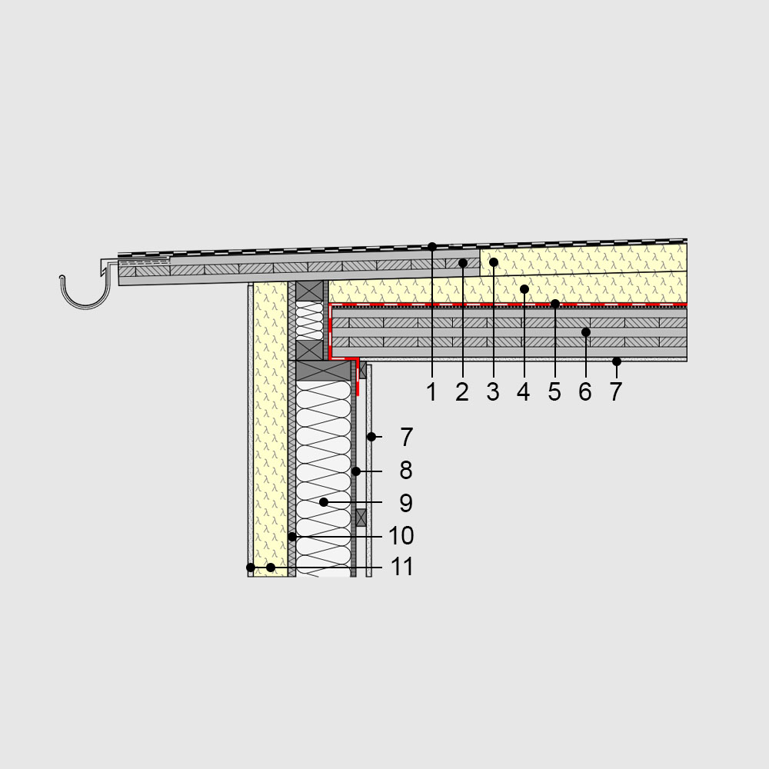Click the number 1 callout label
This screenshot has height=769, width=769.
431,392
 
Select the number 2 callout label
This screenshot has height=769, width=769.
462,392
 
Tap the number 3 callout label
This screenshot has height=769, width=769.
493,392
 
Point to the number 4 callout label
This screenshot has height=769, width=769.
524,392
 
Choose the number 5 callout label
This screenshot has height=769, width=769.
554,392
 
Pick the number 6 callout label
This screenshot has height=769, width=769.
585,392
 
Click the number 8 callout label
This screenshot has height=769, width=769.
406,470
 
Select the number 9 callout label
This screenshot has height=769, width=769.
406,503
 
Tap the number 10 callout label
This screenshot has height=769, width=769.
401,535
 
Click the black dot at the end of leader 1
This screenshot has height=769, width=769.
432,246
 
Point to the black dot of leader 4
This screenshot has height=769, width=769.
524,289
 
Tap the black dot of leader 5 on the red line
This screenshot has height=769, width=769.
555,304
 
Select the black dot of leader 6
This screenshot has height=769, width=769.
586,332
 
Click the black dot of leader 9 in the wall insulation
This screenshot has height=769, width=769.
324,501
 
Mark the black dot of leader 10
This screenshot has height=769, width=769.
292,535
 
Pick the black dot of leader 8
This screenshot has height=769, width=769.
356,470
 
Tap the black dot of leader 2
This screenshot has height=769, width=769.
463,263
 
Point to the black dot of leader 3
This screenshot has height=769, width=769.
494,262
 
